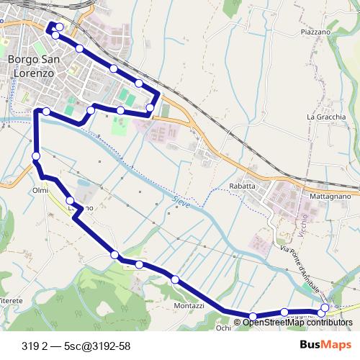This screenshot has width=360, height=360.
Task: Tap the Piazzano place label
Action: click(315, 32)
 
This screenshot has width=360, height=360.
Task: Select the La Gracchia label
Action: click(326, 117)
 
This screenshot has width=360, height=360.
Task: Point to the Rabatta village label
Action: click(242, 186)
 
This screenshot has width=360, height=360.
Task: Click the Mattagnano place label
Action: click(329, 195)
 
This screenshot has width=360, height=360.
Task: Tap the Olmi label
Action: click(40, 190)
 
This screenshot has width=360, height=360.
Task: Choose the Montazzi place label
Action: click(189, 305)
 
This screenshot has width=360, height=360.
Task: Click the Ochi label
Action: click(223, 327)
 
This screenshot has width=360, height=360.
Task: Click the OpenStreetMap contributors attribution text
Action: click(297, 322)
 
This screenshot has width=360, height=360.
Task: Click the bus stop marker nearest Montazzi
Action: click(175, 279)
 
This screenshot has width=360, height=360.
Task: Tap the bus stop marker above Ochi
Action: click(253, 316)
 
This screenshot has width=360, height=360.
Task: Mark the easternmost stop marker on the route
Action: click(325, 307)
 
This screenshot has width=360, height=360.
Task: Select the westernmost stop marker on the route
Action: click(36, 156)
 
